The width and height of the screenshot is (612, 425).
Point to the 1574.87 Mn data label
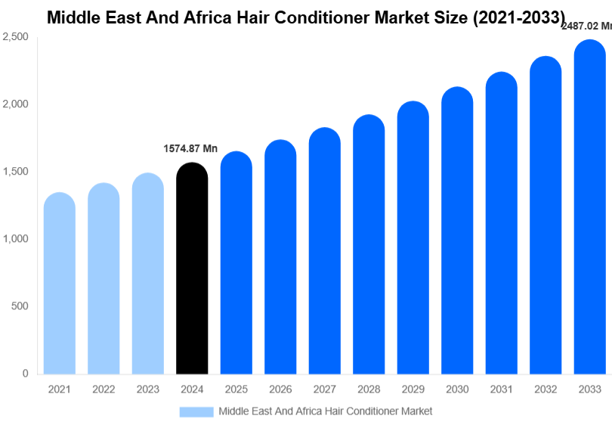tap(190, 148)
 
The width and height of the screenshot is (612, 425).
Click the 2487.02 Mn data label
tap(586, 26)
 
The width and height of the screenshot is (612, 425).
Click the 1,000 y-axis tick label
tap(15, 239)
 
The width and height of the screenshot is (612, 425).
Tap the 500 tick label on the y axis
tap(20, 306)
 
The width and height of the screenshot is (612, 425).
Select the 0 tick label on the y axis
tap(25, 374)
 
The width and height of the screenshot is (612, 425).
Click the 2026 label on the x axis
tap(280, 389)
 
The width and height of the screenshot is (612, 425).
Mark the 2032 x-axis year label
tap(545, 389)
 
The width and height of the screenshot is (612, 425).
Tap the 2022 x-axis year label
tap(104, 389)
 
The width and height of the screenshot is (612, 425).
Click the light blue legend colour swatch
tap(196, 411)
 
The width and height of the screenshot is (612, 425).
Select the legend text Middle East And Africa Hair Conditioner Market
tap(325, 411)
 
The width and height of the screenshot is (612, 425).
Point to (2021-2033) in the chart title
tap(518, 17)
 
